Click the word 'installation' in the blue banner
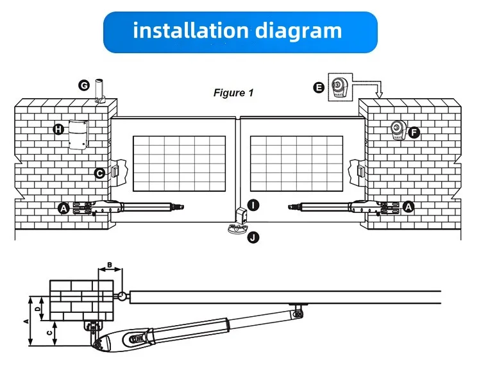pyautogui.click(x=186, y=30)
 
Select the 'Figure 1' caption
pyautogui.click(x=233, y=93)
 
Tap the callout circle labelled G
pyautogui.click(x=83, y=85)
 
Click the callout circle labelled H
pyautogui.click(x=58, y=130)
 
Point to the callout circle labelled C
pyautogui.click(x=99, y=172)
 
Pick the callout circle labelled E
pyautogui.click(x=319, y=87)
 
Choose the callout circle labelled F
pyautogui.click(x=414, y=133)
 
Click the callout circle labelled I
pyautogui.click(x=255, y=205)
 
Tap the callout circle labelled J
pyautogui.click(x=254, y=237)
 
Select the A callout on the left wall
pyautogui.click(x=63, y=207)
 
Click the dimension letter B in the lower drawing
pyautogui.click(x=109, y=265)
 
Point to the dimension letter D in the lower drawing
pyautogui.click(x=38, y=308)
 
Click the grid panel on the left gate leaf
pyautogui.click(x=180, y=164)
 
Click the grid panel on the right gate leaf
pyautogui.click(x=296, y=164)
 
